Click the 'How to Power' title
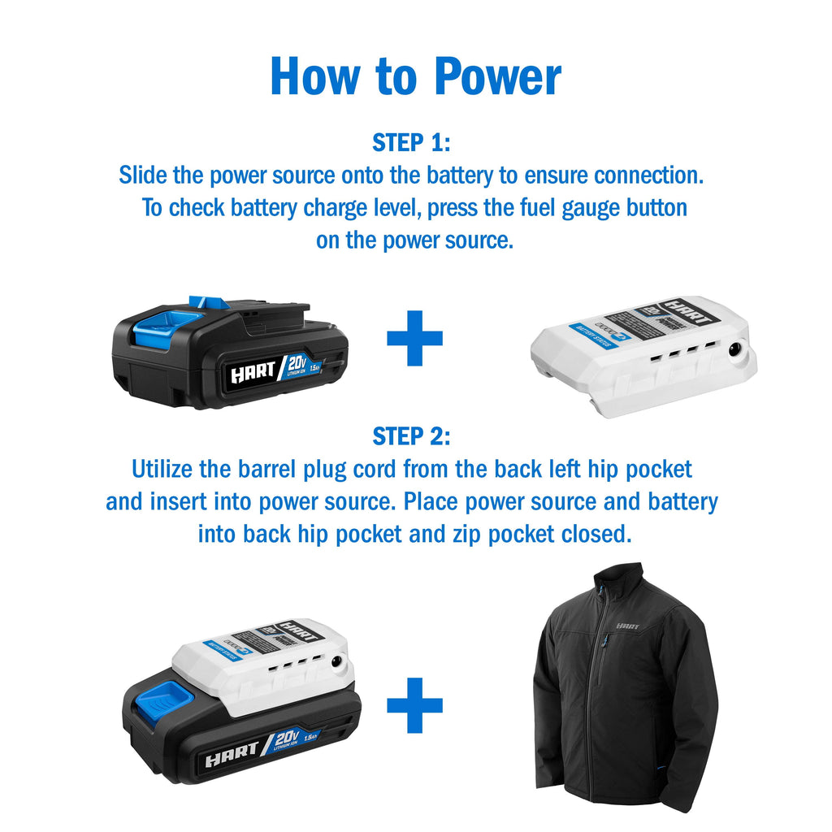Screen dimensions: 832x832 [415, 77]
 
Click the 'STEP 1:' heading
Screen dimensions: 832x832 [411, 143]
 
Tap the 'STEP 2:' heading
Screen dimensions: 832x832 [411, 436]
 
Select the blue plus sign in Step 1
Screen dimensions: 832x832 [414, 336]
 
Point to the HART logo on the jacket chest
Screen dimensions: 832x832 [628, 626]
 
